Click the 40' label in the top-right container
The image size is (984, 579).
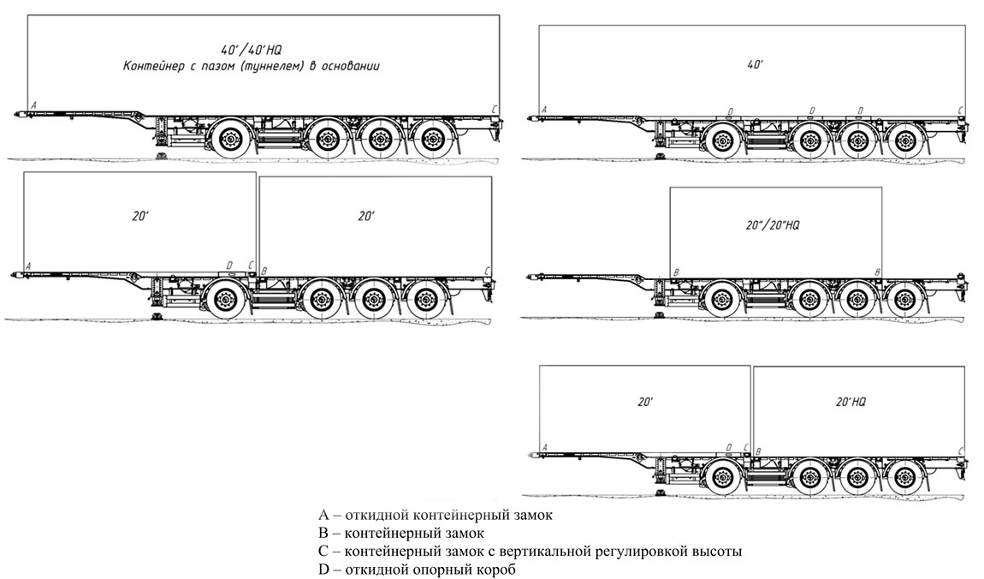pyautogui.click(x=755, y=64)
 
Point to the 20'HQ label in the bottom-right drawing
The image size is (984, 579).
pyautogui.click(x=850, y=401)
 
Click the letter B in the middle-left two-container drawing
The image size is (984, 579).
pyautogui.click(x=264, y=271)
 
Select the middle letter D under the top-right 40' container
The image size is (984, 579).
pyautogui.click(x=812, y=110)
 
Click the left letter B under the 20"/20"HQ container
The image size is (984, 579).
pyautogui.click(x=677, y=272)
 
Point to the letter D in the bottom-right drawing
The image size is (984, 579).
pyautogui.click(x=728, y=446)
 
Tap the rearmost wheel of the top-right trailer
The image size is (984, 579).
pyautogui.click(x=904, y=138)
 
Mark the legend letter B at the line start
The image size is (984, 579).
pyautogui.click(x=323, y=534)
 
